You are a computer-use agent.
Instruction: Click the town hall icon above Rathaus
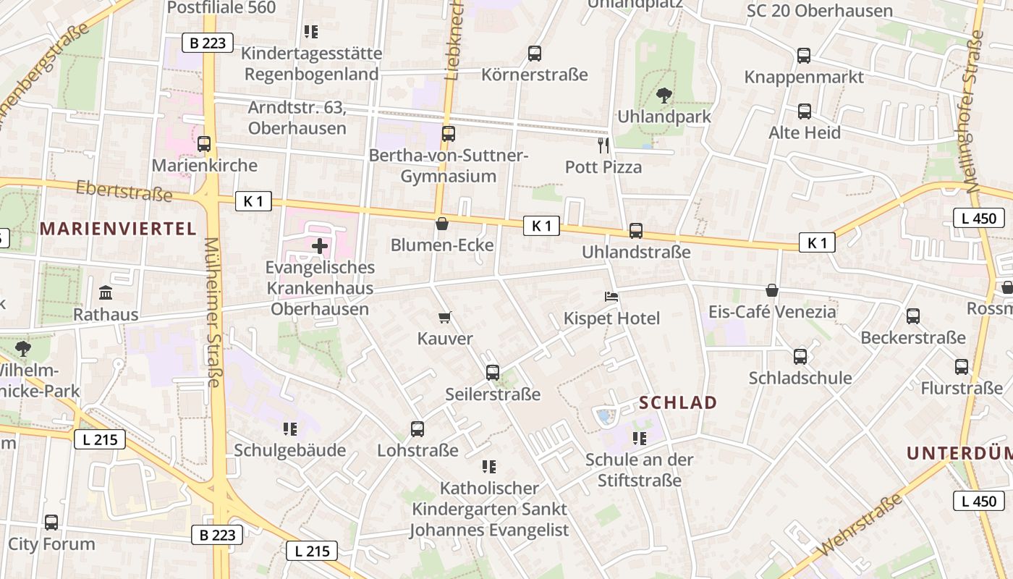point(106,293)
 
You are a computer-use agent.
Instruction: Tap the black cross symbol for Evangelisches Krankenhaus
point(319,246)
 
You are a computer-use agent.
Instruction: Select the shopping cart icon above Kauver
point(445,317)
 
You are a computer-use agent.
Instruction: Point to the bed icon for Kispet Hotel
point(611,297)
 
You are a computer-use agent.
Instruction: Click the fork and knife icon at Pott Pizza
point(603,145)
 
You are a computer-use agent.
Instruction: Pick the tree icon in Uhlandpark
point(664,95)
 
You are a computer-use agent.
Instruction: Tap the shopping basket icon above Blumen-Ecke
point(441,224)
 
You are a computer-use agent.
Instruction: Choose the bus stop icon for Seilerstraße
point(493,373)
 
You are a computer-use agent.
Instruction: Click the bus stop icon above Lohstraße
point(418,428)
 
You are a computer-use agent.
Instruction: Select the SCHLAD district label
point(678,403)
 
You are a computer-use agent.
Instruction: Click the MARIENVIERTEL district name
point(118,229)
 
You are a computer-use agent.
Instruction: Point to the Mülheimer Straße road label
point(213,313)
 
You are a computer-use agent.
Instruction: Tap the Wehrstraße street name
point(851,526)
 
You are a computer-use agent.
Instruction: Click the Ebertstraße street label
point(124,192)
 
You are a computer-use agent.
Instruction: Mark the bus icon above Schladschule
point(800,356)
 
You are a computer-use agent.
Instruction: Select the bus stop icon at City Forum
point(51,522)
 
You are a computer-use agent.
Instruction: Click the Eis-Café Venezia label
point(772,312)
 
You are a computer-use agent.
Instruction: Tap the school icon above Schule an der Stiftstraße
point(639,438)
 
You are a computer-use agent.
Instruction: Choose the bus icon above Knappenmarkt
point(803,56)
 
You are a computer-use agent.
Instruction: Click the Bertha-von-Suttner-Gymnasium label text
point(449,166)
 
